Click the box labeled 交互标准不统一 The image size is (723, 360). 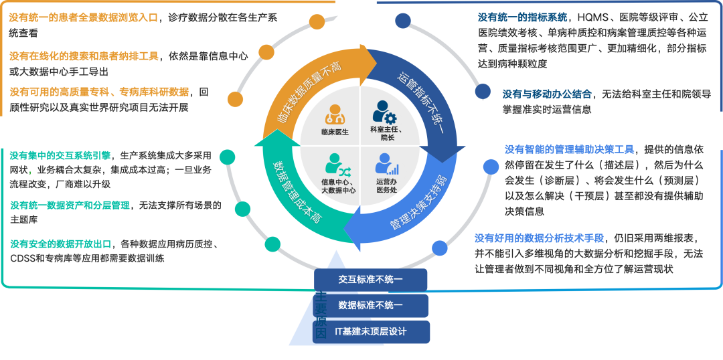pos(370,280)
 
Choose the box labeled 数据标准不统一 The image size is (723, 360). pos(370,306)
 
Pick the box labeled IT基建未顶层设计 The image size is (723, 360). pos(370,332)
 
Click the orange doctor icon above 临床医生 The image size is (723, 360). pos(334,114)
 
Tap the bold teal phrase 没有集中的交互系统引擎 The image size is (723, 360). pos(60,155)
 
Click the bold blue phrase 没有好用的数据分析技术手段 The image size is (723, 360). pos(540,238)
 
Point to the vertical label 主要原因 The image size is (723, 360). pos(321,314)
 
